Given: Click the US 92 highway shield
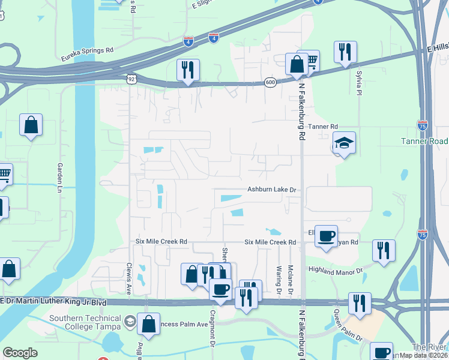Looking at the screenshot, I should coord(131,79).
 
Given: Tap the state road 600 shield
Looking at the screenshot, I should coord(271,83).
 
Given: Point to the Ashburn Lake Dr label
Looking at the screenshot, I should coord(273,190).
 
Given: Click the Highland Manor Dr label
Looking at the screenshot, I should coord(336,271).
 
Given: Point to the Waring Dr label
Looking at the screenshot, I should coord(279,275).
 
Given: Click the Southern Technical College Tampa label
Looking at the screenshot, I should coord(83,322).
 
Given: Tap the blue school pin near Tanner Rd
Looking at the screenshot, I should coord(344,144).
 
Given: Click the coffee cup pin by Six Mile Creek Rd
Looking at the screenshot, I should coord(326,236).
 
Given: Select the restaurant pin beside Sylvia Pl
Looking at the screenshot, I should coord(345,52).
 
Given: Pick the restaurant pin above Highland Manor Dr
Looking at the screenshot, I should coord(384,251).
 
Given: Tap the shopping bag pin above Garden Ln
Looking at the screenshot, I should coord(31,126).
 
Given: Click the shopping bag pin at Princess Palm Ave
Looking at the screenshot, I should coord(148,325).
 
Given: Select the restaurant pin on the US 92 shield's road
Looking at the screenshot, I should coord(188,71).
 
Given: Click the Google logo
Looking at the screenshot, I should coord(20,353).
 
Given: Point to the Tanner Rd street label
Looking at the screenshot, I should coord(324,127).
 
